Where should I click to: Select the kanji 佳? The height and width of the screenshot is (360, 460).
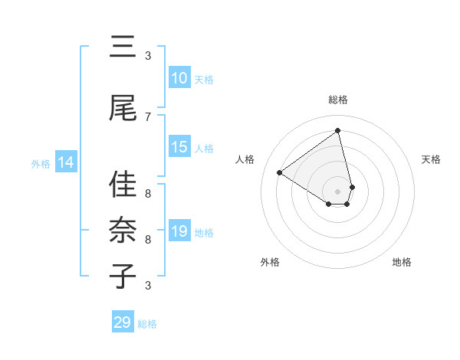point(123,185)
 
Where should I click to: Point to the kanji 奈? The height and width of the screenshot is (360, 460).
point(123,231)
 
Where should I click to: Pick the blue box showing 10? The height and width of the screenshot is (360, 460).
point(179,78)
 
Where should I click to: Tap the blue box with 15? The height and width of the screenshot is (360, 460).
point(179,147)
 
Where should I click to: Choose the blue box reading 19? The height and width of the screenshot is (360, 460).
point(179,231)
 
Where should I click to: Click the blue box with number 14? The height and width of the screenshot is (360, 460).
point(66,162)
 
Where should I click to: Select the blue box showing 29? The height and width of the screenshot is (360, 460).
point(123,322)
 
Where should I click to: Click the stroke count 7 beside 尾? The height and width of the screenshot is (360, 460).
point(148,116)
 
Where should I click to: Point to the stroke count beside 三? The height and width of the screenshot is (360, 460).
point(148,55)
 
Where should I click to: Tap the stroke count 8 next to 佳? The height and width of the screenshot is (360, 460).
point(148,193)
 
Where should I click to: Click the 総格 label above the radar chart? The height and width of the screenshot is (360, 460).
point(338,100)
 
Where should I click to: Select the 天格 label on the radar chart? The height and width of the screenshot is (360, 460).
point(431,159)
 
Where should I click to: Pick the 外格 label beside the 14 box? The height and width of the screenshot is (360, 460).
point(41,163)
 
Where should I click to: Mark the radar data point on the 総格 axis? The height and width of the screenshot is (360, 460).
point(338,130)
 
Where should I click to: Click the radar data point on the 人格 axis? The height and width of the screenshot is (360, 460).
point(280,173)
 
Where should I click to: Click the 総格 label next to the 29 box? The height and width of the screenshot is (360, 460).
point(147,324)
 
